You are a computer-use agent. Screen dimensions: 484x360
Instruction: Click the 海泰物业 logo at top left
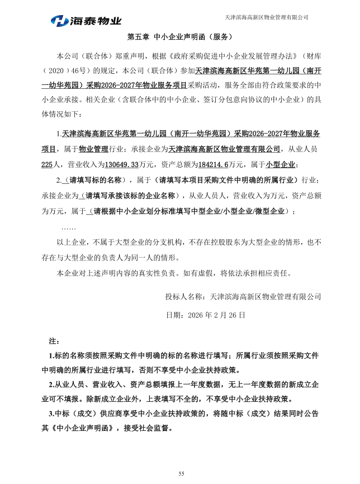pos(86,21)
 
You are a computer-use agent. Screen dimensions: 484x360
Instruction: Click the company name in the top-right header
pos(266,17)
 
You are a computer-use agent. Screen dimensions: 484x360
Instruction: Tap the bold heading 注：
pos(54,340)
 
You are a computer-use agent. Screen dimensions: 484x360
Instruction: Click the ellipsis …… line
pos(68,228)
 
